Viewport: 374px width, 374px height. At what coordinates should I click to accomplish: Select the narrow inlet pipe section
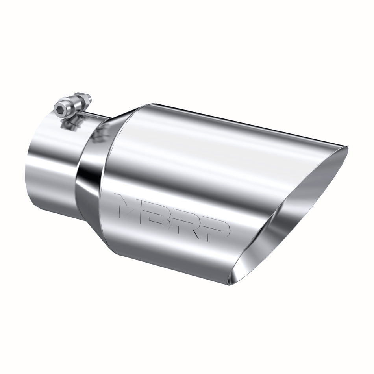51,165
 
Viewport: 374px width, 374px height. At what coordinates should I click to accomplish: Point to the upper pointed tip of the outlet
346,148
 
